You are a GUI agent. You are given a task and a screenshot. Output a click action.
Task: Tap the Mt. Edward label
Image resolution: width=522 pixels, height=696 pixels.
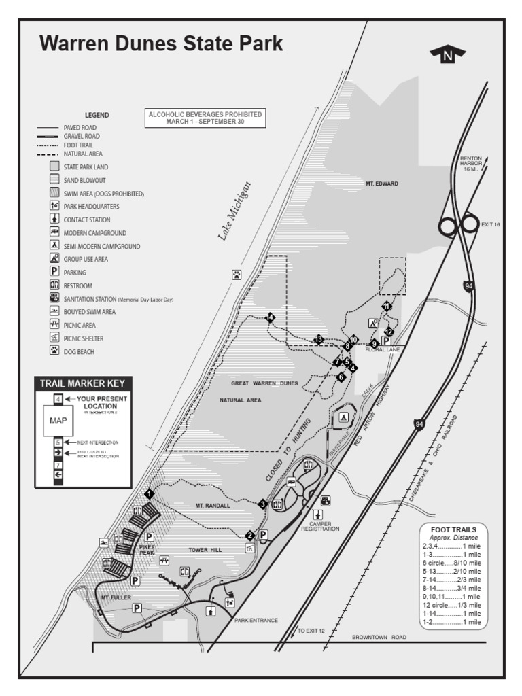click(x=381, y=184)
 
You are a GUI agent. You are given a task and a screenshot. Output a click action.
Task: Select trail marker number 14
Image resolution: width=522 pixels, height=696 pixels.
click(x=271, y=317)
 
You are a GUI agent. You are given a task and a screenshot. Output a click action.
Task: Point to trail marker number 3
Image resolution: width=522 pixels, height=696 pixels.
click(x=262, y=504)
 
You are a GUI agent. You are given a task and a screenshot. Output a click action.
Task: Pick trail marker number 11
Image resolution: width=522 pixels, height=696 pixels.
click(x=386, y=307)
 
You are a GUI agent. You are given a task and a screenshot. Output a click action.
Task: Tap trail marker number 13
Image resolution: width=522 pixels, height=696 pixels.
click(x=318, y=339)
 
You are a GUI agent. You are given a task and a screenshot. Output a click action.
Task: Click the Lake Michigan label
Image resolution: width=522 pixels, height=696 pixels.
click(x=234, y=210)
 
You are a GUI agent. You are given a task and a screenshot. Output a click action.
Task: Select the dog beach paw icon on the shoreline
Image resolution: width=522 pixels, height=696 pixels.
click(x=237, y=275)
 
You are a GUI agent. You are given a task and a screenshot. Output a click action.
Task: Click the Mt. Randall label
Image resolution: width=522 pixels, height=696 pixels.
click(x=213, y=506)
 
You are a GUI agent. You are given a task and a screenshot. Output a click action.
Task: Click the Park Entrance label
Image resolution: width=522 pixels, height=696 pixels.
click(x=256, y=620)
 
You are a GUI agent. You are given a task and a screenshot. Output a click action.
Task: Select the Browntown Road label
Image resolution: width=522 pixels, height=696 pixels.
click(x=379, y=637)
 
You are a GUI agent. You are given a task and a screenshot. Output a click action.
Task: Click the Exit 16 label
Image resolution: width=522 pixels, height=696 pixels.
click(x=490, y=224)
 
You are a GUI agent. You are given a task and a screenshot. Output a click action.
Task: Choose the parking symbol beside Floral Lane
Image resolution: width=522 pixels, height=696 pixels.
click(x=386, y=341)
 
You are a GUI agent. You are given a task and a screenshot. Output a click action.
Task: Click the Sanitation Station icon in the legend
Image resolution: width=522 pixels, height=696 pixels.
click(x=54, y=298)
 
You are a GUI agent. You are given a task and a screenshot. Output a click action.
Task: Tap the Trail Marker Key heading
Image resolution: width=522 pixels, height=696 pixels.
click(x=82, y=383)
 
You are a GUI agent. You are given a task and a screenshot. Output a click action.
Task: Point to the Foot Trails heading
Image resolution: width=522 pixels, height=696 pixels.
click(x=454, y=529)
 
